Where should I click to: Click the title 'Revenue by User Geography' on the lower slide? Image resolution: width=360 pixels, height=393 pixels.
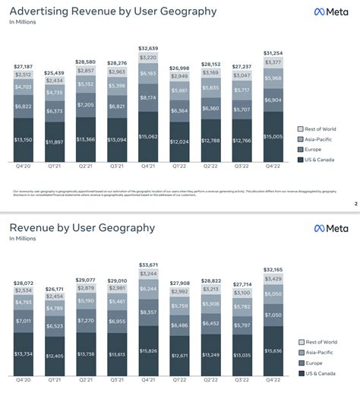point(82,227)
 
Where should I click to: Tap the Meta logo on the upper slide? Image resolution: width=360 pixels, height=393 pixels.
point(331,11)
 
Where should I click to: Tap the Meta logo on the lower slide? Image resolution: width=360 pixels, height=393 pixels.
point(331,228)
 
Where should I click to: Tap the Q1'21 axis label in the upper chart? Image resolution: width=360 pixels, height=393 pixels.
point(54,165)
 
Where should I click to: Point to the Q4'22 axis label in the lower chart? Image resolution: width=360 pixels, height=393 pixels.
point(272,381)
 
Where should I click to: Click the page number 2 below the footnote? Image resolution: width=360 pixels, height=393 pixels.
point(355,204)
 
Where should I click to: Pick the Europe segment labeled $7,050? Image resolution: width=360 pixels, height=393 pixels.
point(272,315)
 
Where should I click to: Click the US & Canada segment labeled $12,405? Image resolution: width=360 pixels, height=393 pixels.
point(54,356)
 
